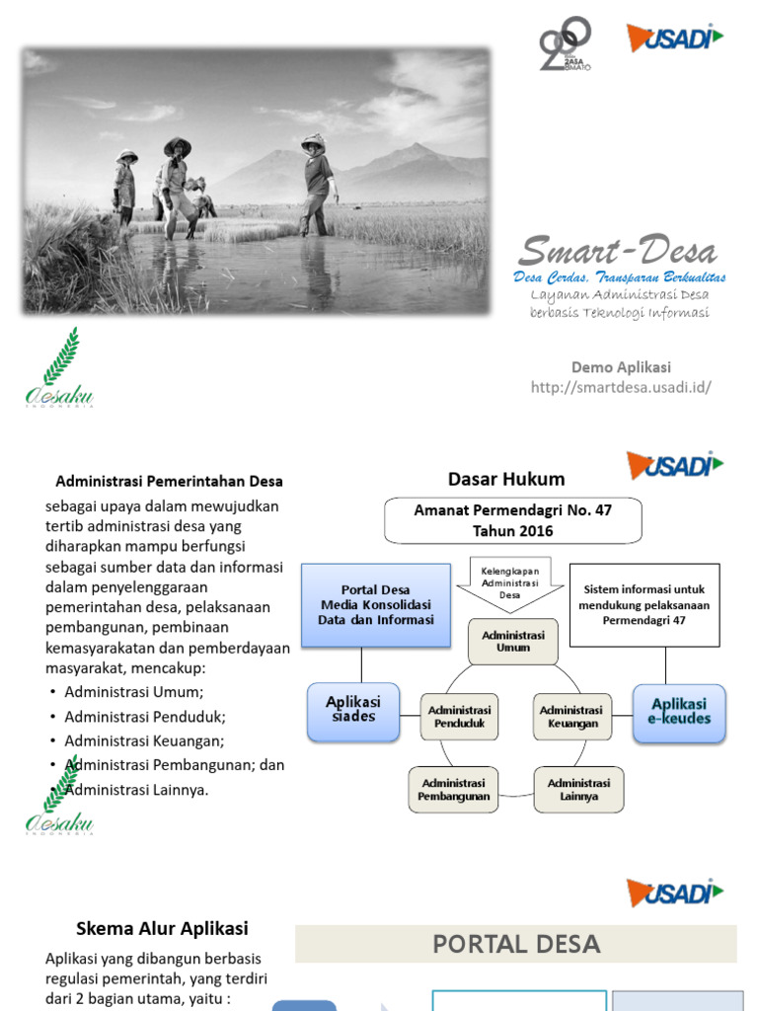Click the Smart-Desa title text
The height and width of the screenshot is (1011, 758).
point(619,251)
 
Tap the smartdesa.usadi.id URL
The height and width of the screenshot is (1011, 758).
point(621,387)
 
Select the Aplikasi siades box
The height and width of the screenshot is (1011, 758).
point(353,710)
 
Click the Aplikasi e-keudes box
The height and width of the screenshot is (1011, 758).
point(678,712)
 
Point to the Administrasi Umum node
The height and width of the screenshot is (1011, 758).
point(512,641)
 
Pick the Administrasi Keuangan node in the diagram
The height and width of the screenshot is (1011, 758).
point(571,716)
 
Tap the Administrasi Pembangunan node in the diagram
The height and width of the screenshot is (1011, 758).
point(454,789)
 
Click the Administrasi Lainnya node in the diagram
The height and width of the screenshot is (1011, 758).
point(578,789)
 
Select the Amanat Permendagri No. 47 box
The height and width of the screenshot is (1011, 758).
point(512,520)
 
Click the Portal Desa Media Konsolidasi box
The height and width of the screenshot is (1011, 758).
point(368,604)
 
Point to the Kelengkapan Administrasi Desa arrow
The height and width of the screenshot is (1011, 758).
point(509,584)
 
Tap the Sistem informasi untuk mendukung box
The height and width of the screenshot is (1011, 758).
point(644,604)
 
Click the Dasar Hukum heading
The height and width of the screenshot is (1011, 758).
point(506,480)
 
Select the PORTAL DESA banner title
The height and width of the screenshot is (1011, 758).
point(516,944)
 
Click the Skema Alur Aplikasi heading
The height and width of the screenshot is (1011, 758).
point(163,928)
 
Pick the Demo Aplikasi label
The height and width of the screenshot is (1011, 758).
point(621,367)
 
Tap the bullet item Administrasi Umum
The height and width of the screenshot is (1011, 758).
point(134,692)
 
